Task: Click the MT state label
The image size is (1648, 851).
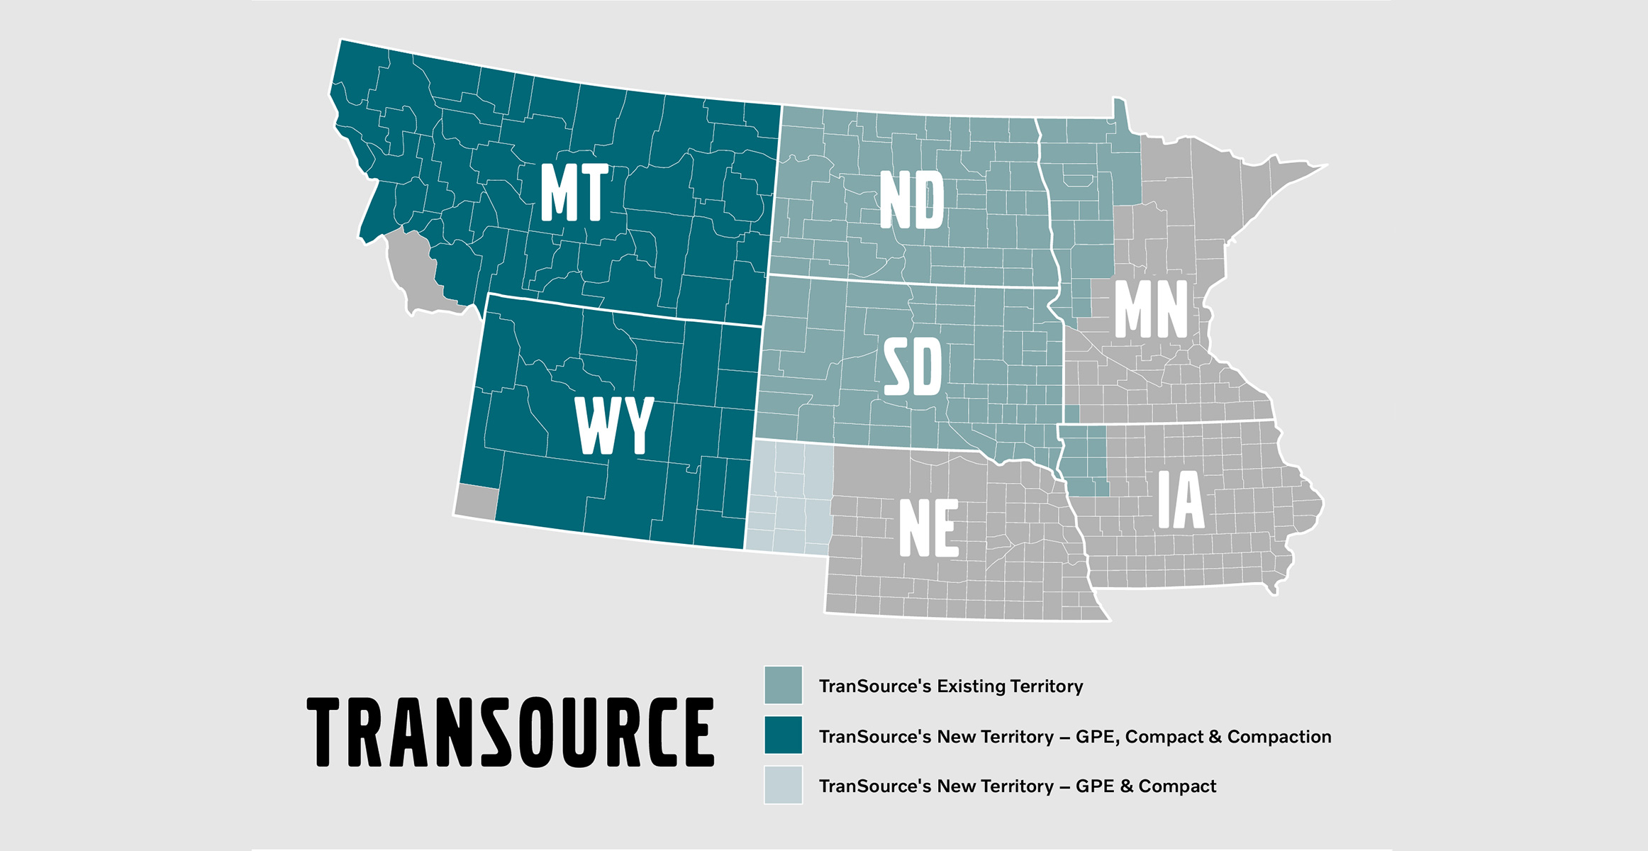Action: tap(574, 192)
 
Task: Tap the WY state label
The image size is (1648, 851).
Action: tap(614, 425)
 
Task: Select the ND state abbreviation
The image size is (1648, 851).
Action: tap(912, 200)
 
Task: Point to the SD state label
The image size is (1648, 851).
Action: tap(913, 367)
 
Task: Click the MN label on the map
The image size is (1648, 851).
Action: tap(1151, 309)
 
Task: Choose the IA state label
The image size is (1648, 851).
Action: tap(1181, 500)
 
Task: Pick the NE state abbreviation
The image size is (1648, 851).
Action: tap(929, 528)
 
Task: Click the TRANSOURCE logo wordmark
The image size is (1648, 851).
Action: tap(511, 732)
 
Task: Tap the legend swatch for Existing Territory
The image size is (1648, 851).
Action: tap(783, 685)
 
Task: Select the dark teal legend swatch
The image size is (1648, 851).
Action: tap(783, 735)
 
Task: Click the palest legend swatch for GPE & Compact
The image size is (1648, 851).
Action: tap(783, 785)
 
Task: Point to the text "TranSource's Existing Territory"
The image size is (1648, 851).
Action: tap(951, 686)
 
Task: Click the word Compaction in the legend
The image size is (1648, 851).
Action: tap(1279, 737)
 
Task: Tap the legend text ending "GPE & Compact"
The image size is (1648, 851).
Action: tap(1018, 786)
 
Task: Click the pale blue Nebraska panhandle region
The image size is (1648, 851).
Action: tap(789, 496)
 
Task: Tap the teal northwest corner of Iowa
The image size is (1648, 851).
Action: tap(1084, 460)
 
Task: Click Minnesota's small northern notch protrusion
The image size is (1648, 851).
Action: tap(1119, 113)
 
